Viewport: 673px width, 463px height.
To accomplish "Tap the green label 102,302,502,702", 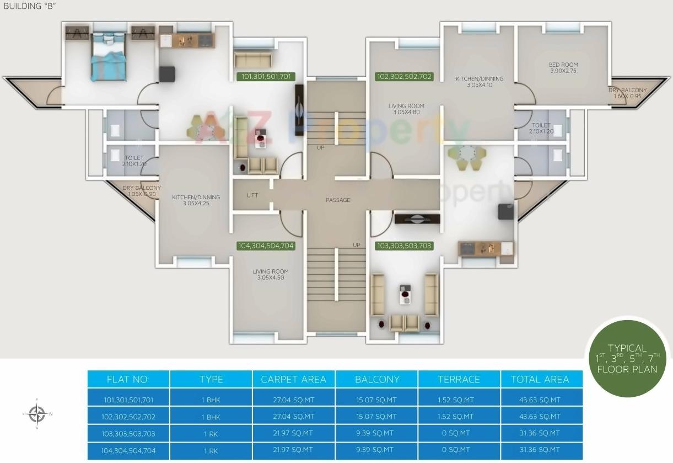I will tap(403, 77).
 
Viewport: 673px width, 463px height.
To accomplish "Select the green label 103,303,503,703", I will tap(403, 246).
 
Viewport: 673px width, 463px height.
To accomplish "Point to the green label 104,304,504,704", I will tap(266, 246).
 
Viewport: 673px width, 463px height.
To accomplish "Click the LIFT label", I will tap(252, 195).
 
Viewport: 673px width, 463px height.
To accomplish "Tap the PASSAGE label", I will tap(338, 200).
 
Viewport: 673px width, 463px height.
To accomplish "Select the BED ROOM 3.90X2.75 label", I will tap(563, 68).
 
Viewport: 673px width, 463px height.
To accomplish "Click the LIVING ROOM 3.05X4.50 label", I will tap(271, 274).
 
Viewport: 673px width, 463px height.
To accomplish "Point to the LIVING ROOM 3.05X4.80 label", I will tap(406, 109).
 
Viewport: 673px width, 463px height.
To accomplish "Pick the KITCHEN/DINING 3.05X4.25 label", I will tap(196, 200).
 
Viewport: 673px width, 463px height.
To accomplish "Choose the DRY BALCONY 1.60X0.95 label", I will tap(627, 93).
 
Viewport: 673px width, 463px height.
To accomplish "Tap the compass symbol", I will tap(37, 413).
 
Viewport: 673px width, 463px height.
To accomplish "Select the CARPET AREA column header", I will tap(294, 379).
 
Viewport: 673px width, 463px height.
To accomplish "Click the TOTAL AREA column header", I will tap(540, 379).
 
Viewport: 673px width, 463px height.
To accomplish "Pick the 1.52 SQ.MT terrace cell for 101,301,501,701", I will tap(459, 400).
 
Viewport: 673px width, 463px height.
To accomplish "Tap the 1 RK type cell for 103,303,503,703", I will tap(211, 434).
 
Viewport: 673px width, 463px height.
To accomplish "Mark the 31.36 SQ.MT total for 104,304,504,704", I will tap(540, 450).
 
